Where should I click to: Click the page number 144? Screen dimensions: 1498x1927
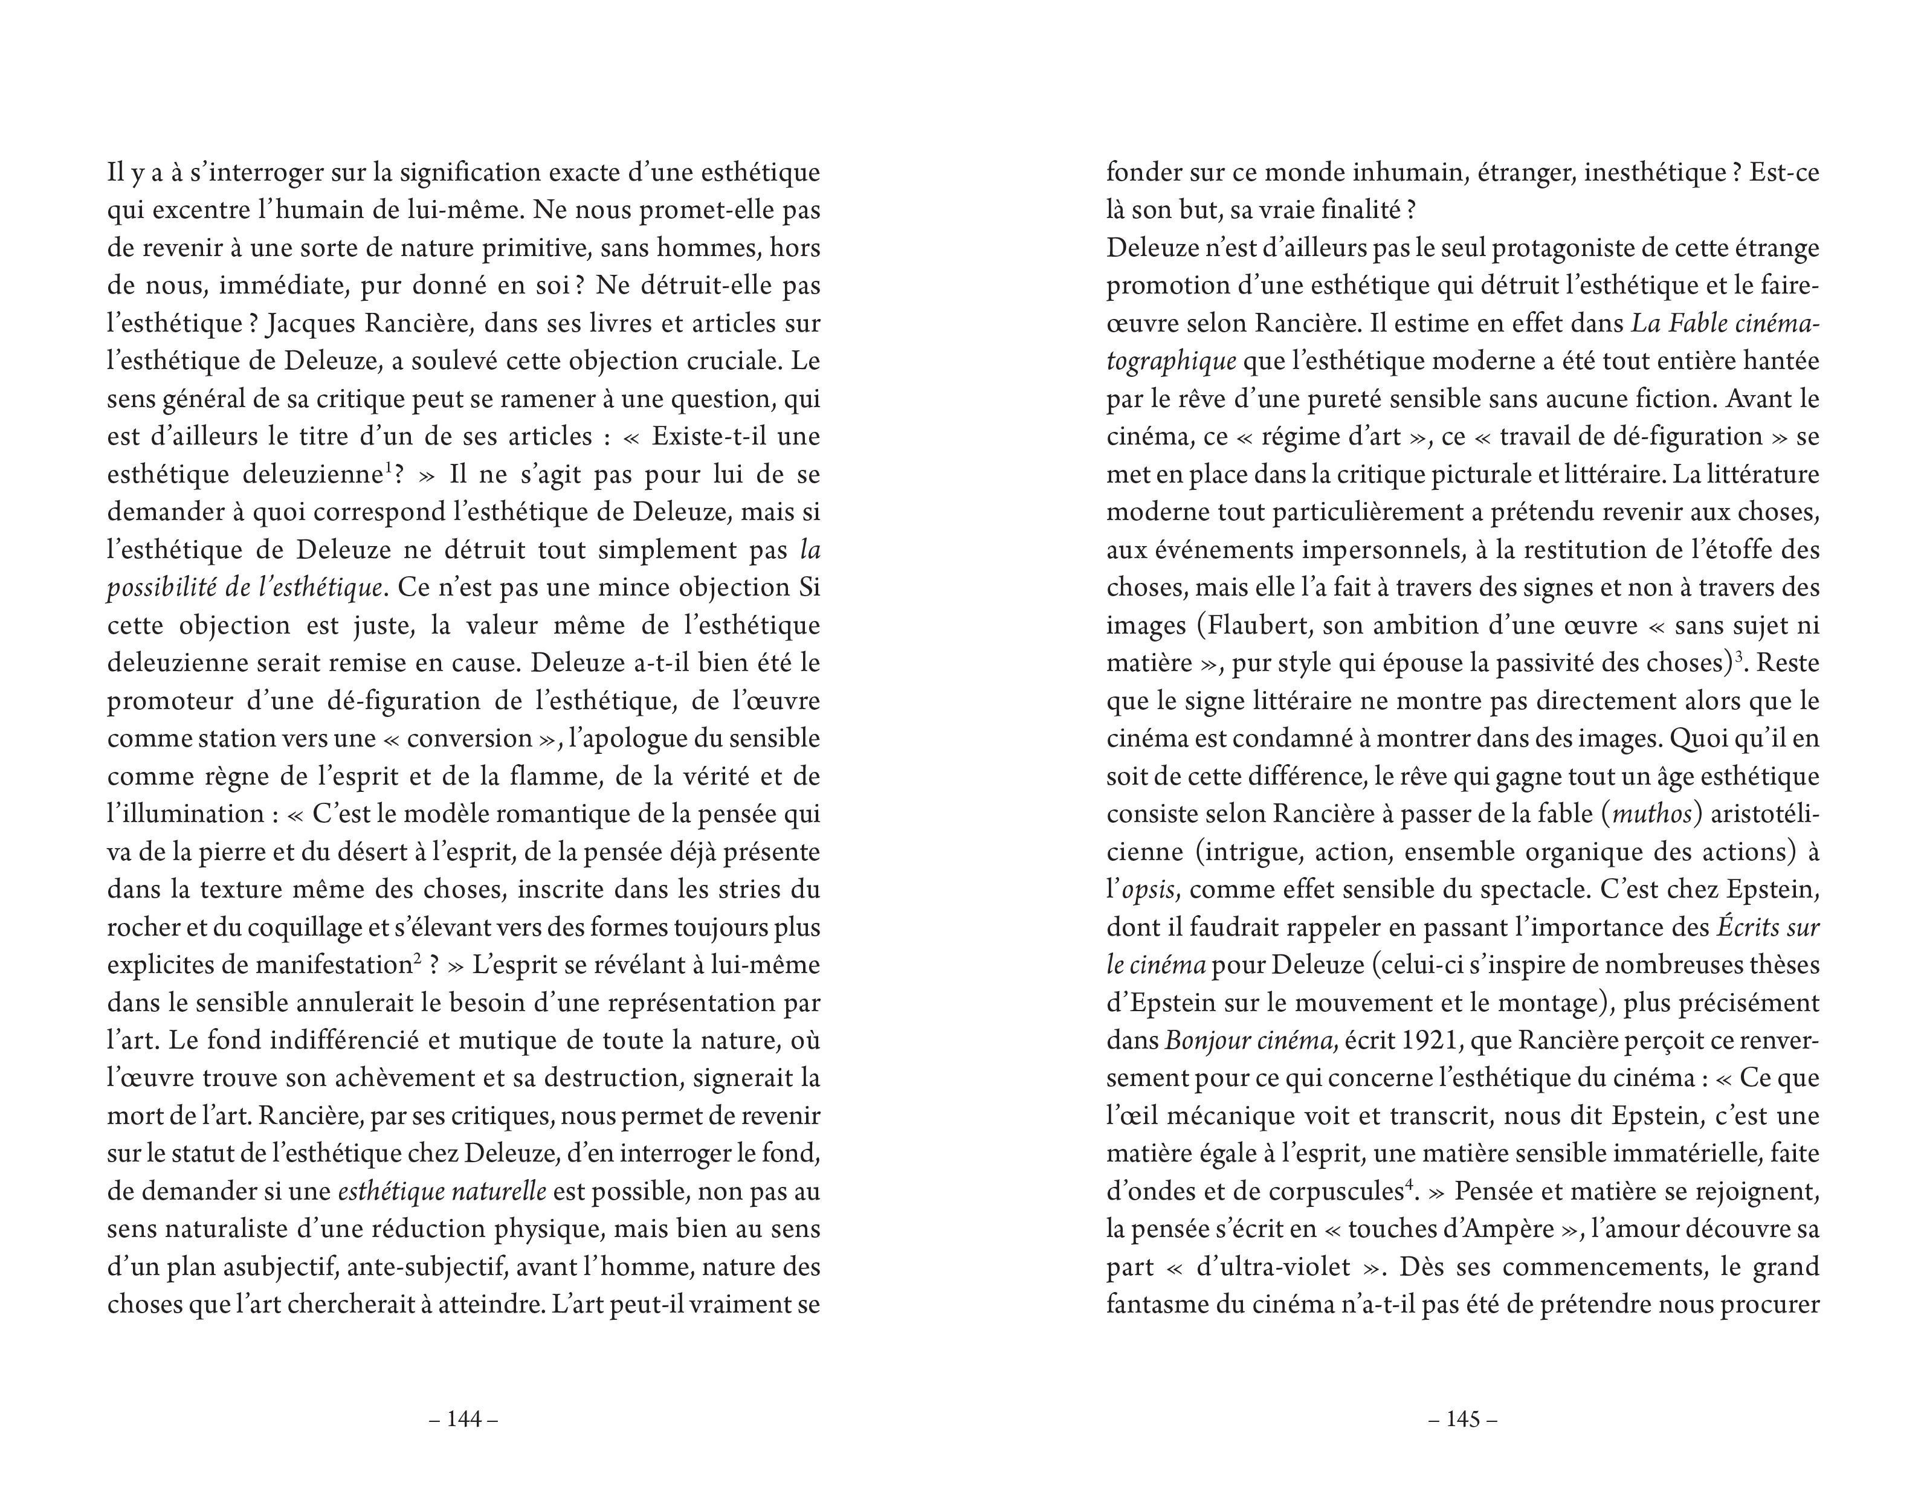pos(464,1419)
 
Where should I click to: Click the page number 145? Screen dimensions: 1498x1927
pos(1463,1419)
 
